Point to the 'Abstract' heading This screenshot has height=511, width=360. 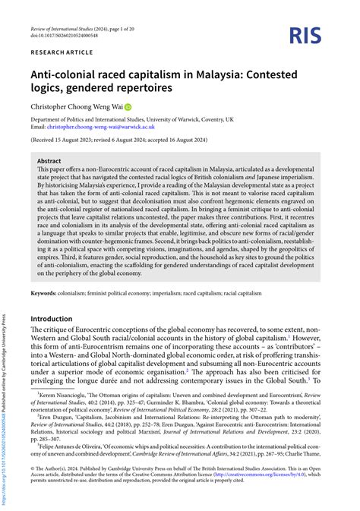coord(50,161)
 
